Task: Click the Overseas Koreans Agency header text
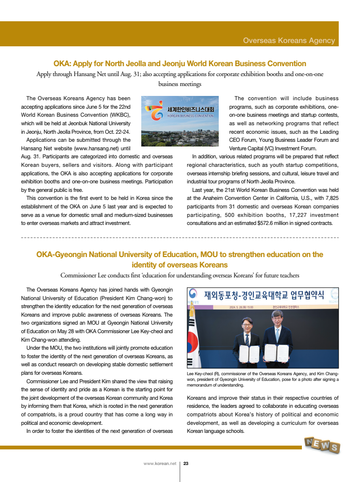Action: click(289, 41)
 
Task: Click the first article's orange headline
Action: click(180, 63)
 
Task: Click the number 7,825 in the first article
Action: click(329, 199)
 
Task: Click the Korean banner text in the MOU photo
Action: click(264, 296)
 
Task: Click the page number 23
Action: click(186, 464)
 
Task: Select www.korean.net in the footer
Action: click(160, 464)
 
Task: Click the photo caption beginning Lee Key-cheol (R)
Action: click(263, 379)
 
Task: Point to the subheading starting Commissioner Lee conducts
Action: click(180, 275)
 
